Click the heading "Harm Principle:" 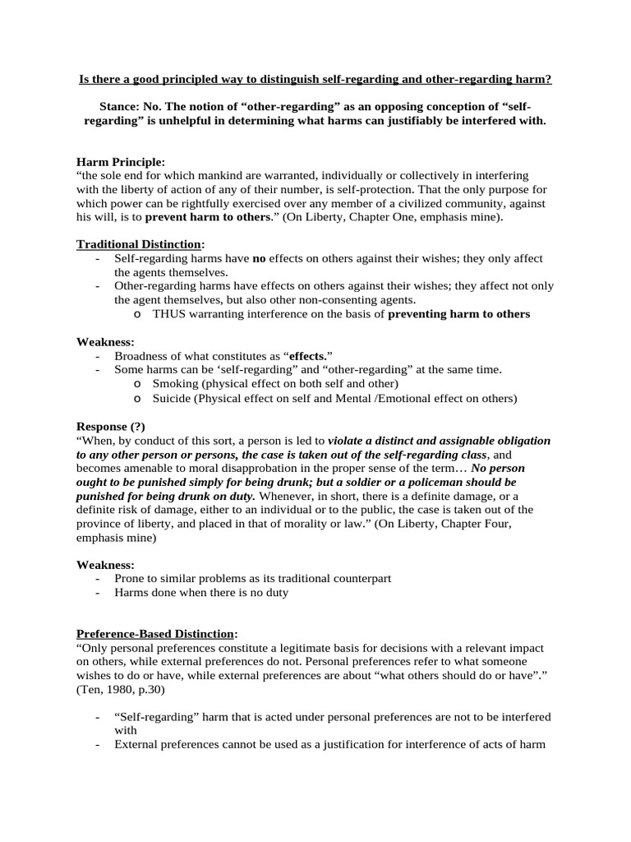121,162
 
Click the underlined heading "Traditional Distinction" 139,244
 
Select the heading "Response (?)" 111,427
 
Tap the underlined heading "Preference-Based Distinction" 155,634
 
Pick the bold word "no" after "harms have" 259,258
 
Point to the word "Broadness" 142,356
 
